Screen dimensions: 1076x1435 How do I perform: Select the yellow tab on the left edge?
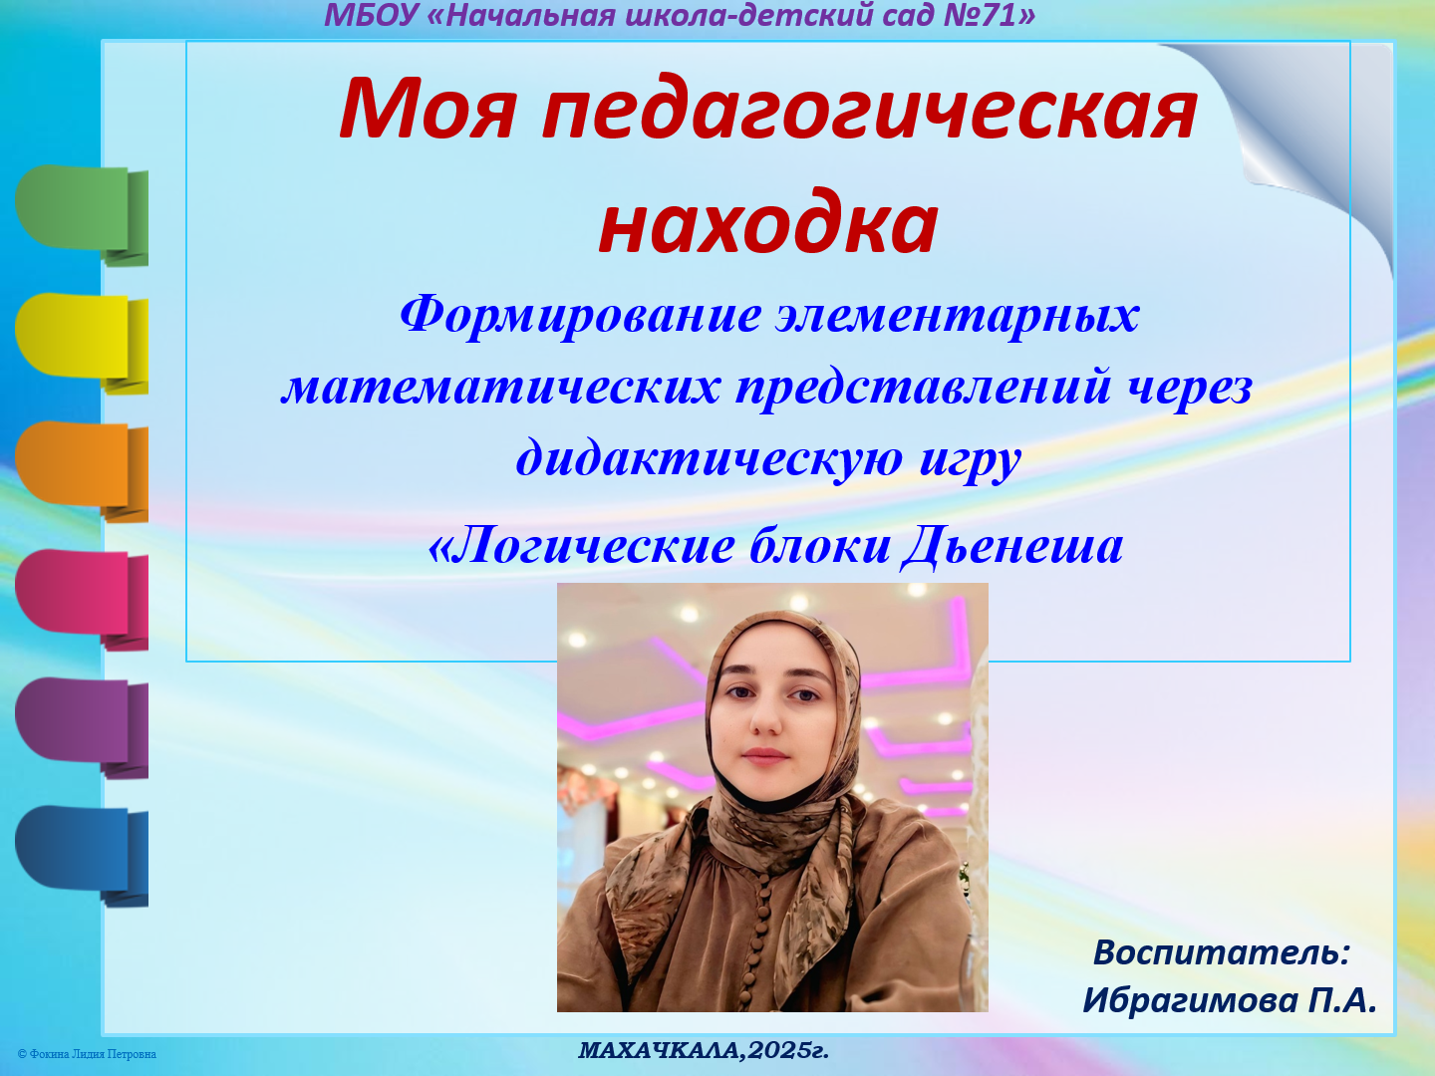coord(80,339)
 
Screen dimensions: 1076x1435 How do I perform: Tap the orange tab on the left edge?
coord(80,466)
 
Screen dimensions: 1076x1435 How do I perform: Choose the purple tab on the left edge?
coord(80,722)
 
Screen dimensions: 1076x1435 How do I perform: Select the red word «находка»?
coord(768,222)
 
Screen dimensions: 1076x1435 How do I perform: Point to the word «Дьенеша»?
coord(1012,546)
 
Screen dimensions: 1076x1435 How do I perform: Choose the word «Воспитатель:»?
coord(1221,952)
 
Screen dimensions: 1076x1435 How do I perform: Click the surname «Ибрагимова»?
coord(1190,1000)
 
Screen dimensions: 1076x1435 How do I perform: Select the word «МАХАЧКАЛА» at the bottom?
coord(659,1050)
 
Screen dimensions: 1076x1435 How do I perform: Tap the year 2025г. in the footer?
coord(788,1050)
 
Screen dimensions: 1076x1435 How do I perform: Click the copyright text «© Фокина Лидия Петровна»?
coord(87,1054)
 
